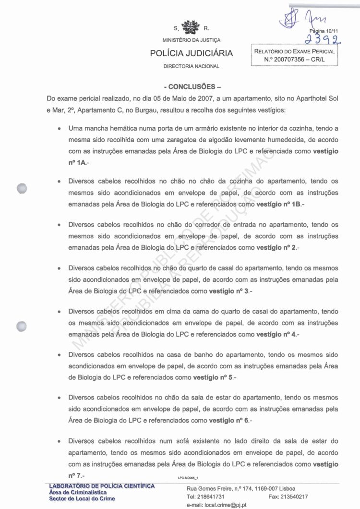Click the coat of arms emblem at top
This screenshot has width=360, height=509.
192,26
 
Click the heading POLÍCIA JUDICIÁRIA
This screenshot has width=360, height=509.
192,53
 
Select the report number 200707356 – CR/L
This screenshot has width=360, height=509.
295,59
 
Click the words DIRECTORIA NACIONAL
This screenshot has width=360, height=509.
192,66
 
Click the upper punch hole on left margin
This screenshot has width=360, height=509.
21,189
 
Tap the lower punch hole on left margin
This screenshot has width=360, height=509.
21,327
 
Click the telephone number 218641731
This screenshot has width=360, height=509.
212,497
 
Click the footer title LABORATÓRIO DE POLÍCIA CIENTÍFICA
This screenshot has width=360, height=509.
102,486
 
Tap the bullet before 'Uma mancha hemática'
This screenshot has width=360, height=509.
59,129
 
